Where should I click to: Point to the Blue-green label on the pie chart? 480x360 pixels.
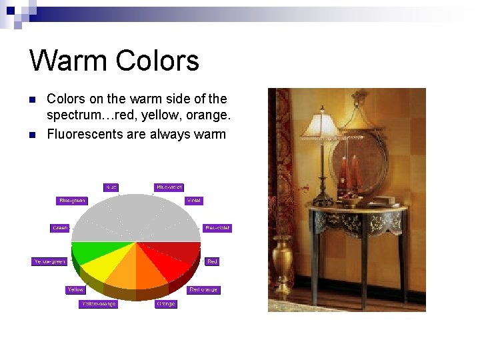72,201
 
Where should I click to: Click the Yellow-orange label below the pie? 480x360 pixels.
98,304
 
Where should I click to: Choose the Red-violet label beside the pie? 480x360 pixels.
217,228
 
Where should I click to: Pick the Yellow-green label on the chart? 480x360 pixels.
50,261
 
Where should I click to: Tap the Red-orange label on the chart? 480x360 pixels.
203,290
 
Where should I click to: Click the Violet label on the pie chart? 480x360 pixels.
193,201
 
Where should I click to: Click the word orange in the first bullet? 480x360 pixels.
208,116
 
